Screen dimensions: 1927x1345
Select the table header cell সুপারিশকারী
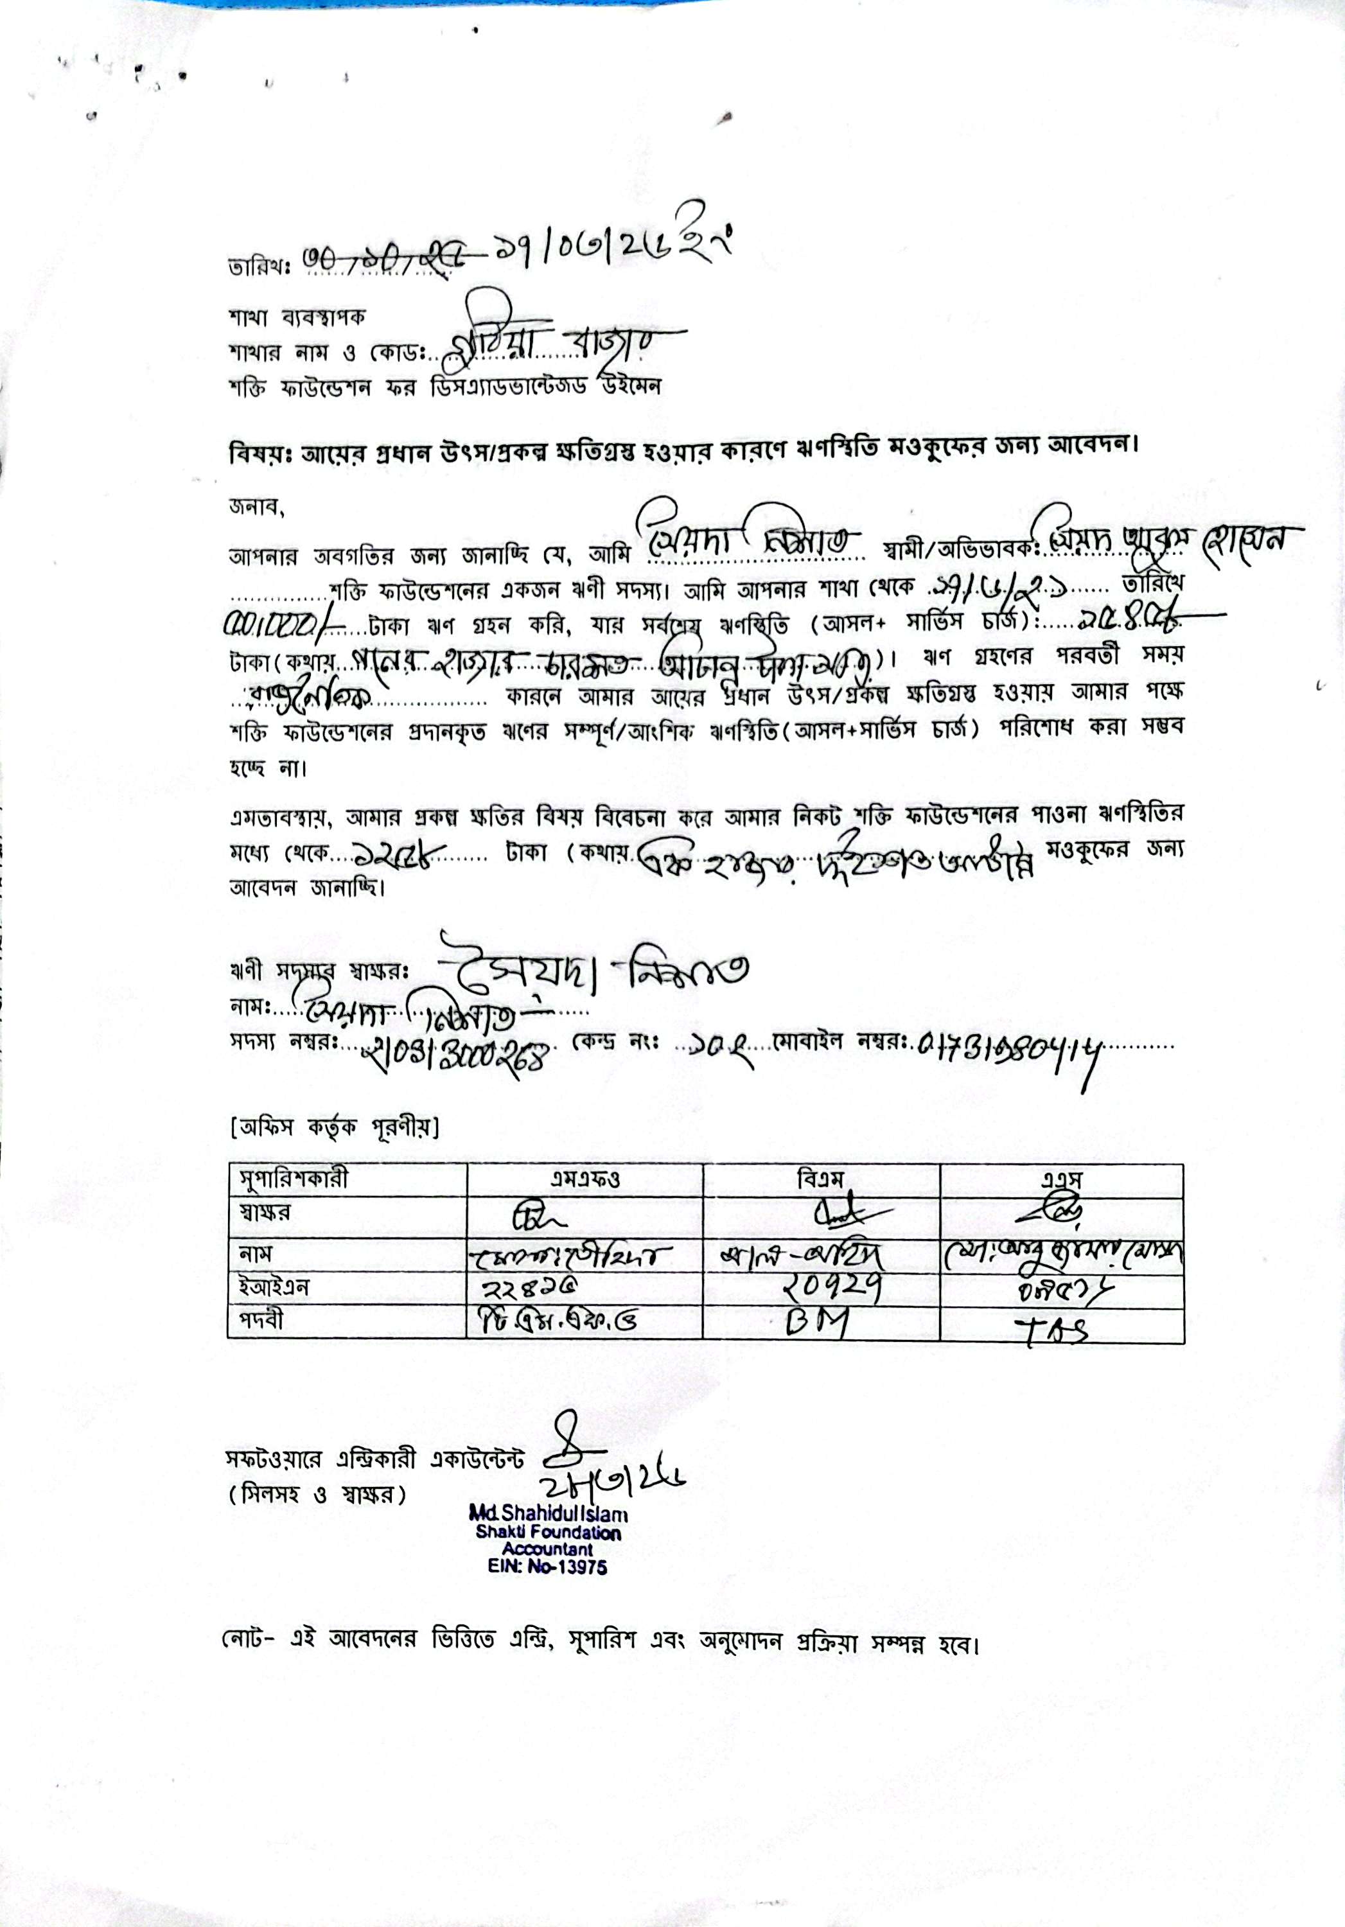coord(290,1179)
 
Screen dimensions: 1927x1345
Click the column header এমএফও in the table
coord(584,1179)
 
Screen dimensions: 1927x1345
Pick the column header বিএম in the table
coord(822,1179)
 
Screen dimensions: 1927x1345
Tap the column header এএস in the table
coord(1061,1179)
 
